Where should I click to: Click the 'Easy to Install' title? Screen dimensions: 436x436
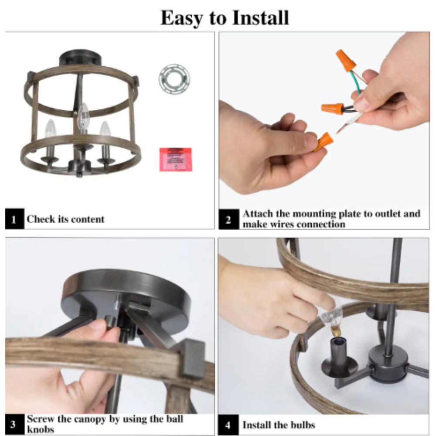point(225,18)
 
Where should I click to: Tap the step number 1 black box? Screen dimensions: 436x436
point(14,219)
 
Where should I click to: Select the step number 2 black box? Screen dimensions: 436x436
point(228,219)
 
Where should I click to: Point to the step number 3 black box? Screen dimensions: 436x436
point(14,424)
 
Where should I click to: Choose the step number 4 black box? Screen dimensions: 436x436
point(228,425)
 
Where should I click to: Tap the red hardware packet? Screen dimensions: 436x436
point(175,160)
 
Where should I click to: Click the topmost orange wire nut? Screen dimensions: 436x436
point(345,60)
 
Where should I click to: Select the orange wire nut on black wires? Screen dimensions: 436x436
point(332,108)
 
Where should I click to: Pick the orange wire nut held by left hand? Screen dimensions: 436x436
point(324,142)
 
